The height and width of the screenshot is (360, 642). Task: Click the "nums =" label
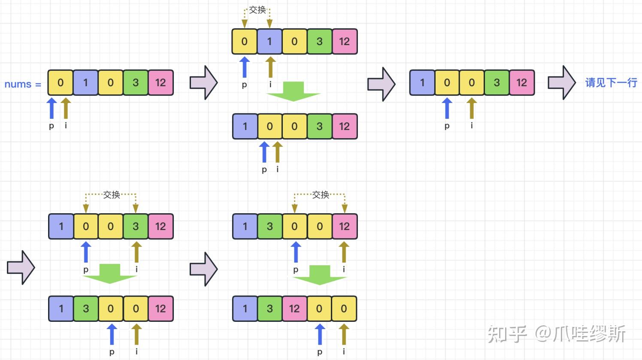[x=22, y=84]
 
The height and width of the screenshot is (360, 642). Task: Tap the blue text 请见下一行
[x=611, y=83]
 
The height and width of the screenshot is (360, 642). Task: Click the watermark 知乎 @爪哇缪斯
[x=556, y=333]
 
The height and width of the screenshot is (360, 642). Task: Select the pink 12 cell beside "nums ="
[x=160, y=83]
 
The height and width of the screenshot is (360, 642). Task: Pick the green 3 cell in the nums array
[x=136, y=83]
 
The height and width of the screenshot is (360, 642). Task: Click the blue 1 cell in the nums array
[x=85, y=83]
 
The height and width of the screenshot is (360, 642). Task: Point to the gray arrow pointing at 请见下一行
[x=561, y=83]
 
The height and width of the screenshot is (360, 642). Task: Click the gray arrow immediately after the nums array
[x=203, y=83]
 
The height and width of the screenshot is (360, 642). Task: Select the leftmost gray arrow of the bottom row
[x=21, y=268]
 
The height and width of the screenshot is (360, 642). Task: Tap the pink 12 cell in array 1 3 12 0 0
[x=294, y=309]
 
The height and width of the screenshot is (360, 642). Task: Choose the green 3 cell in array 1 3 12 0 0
[x=270, y=309]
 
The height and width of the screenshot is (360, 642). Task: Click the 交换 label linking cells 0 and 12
[x=320, y=195]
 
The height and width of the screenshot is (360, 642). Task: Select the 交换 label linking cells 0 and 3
[x=112, y=195]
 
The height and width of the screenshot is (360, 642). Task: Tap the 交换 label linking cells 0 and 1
[x=257, y=9]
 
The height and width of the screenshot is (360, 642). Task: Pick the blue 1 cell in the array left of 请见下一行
[x=422, y=83]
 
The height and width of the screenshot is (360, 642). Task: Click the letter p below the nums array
[x=51, y=126]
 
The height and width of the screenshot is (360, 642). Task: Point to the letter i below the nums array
[x=66, y=126]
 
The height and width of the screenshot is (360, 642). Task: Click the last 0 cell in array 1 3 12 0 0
[x=344, y=309]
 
